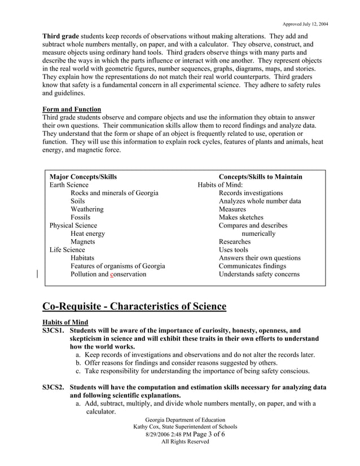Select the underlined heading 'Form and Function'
point(72,109)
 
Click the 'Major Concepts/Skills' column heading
point(83,177)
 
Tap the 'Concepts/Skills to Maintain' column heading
point(260,177)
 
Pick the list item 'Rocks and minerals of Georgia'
point(114,193)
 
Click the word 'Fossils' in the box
point(80,217)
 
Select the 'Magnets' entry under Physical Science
point(82,241)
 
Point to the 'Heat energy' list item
point(87,234)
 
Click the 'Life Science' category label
point(67,250)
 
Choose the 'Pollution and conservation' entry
point(108,274)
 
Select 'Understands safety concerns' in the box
point(259,274)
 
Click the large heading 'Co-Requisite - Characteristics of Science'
point(134,307)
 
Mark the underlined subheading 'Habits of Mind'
point(65,323)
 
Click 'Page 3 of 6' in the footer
point(201,434)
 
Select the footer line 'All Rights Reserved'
point(185,442)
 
